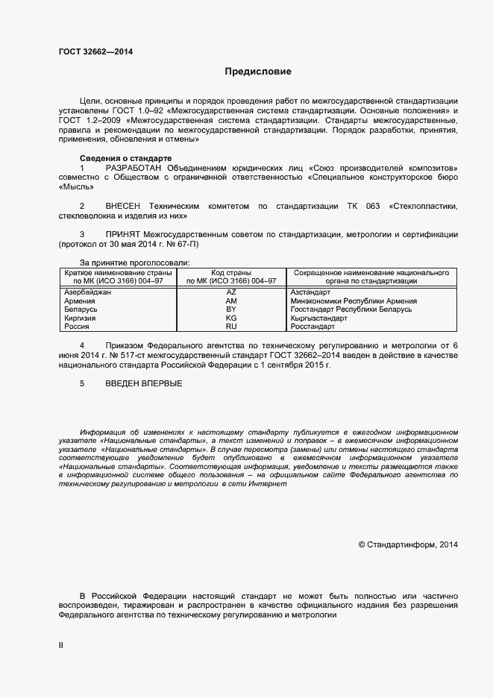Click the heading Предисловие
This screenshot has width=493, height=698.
258,72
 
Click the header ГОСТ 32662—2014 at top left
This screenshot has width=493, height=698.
97,52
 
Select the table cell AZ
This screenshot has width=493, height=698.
231,292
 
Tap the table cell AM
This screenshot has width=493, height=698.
231,301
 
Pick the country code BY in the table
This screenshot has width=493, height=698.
231,309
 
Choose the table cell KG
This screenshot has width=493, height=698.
231,318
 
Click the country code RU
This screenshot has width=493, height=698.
231,327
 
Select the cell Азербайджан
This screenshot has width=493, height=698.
88,292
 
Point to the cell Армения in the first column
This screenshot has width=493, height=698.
80,301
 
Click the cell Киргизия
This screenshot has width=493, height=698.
81,318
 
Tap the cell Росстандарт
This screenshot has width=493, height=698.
313,327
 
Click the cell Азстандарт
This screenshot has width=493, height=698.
310,292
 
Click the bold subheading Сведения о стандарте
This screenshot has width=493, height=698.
125,158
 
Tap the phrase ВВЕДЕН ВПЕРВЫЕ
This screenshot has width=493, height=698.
143,383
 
